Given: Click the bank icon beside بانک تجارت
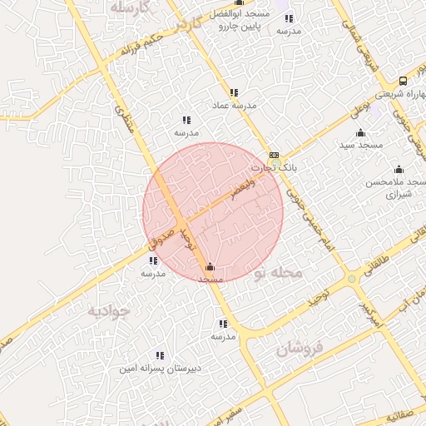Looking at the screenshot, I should (x=274, y=155).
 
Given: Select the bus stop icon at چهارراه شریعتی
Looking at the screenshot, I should (x=403, y=81).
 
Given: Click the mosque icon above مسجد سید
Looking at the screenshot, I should (x=360, y=133).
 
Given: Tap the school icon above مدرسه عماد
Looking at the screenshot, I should (x=234, y=92).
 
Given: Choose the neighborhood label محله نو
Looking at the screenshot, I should (x=276, y=273).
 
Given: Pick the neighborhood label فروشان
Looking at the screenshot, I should (x=298, y=349).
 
